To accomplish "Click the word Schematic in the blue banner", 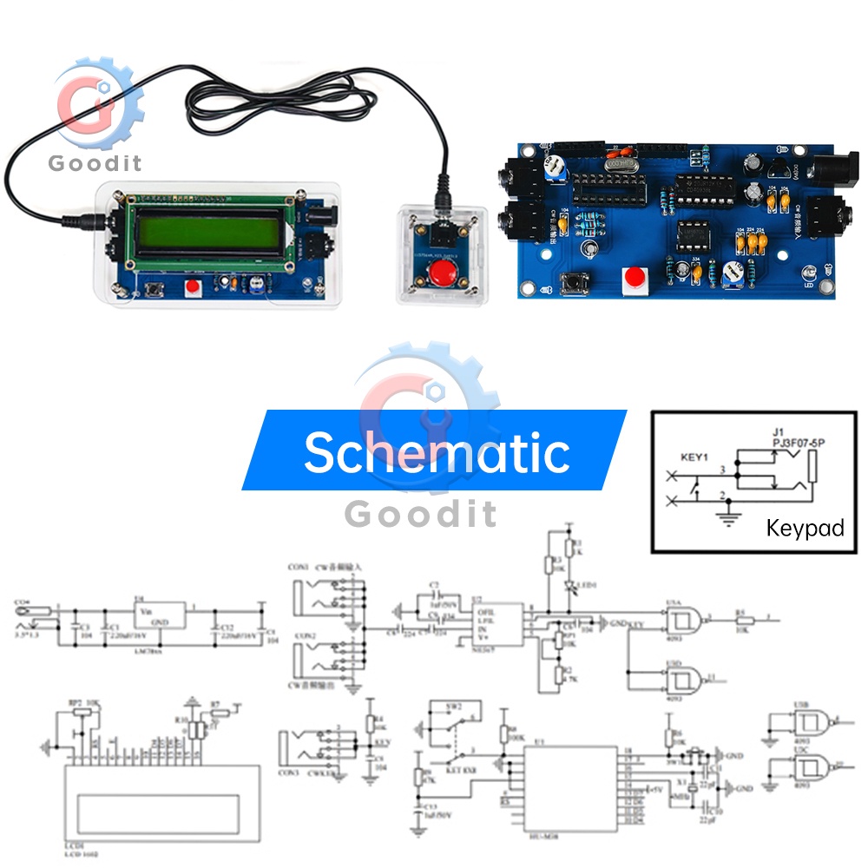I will tap(436, 451).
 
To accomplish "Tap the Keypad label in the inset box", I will tap(805, 528).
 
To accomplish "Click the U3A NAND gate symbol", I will tap(683, 619).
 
